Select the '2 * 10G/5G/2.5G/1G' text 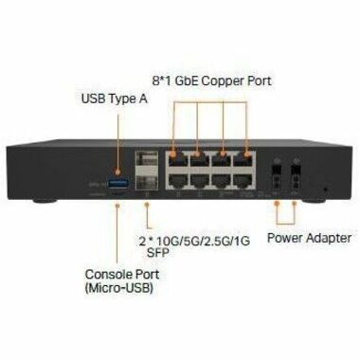pyautogui.click(x=194, y=241)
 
